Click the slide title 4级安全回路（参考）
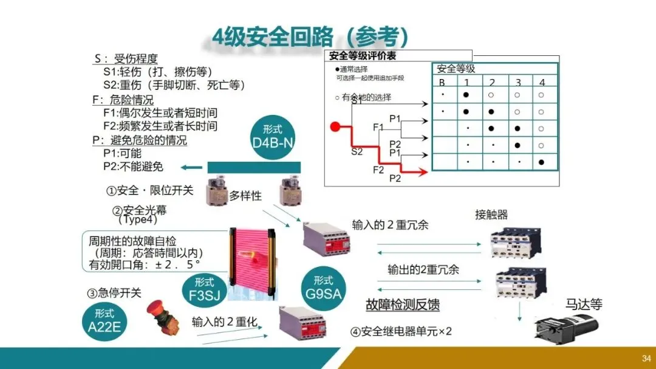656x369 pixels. click(309, 36)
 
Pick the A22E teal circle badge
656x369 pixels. click(104, 321)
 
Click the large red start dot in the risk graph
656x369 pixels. click(335, 127)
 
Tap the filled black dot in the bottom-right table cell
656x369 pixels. click(541, 162)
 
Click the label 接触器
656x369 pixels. click(491, 215)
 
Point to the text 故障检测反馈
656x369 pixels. click(403, 305)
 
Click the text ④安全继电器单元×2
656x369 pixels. click(401, 332)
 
